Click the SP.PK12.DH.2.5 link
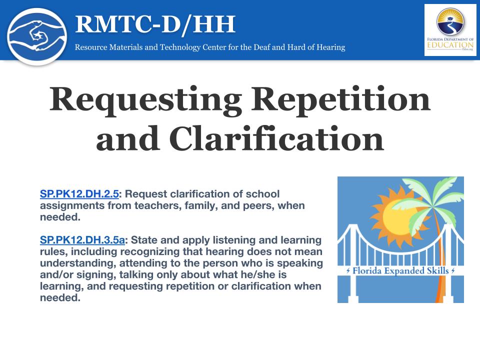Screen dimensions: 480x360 [x=79, y=194]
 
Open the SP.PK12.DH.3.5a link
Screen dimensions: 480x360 [x=82, y=240]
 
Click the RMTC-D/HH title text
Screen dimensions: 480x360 [x=155, y=24]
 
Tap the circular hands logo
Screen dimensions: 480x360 [x=37, y=36]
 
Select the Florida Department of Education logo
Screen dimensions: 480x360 [x=450, y=30]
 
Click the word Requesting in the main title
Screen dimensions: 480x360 [x=145, y=100]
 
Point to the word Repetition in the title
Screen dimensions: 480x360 [x=340, y=99]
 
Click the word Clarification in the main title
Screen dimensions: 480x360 [x=276, y=139]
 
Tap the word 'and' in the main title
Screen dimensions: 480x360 [x=127, y=140]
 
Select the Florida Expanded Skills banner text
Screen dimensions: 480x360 [x=400, y=270]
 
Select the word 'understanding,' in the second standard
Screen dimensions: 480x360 [x=78, y=263]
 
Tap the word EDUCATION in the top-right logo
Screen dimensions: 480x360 [x=450, y=45]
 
